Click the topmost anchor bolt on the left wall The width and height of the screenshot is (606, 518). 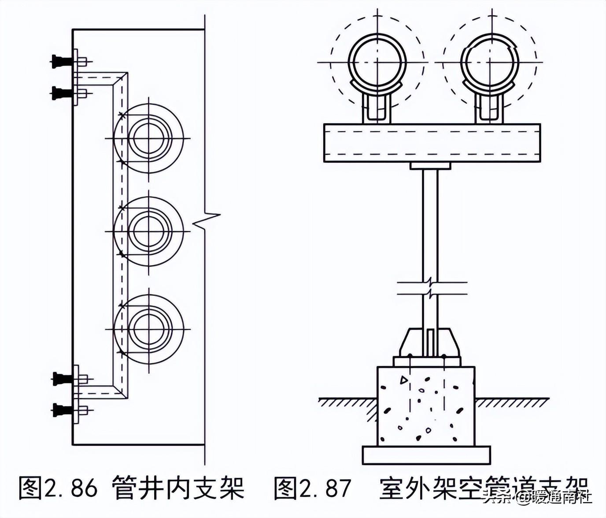click(x=61, y=61)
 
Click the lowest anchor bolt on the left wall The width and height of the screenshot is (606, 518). click(x=61, y=410)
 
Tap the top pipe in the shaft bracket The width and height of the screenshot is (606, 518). click(x=148, y=139)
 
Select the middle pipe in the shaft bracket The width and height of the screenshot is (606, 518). click(x=148, y=231)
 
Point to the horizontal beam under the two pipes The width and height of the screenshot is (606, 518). click(x=432, y=143)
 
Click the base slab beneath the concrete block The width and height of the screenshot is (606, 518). click(x=426, y=455)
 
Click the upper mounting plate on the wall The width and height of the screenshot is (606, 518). click(x=76, y=77)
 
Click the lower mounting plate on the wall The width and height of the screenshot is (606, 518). click(x=76, y=394)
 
